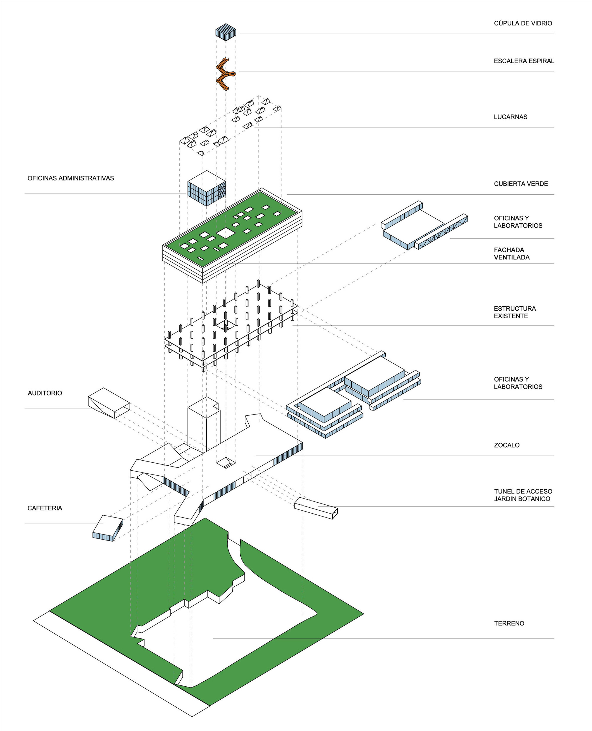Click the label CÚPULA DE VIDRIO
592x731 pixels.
[x=523, y=23]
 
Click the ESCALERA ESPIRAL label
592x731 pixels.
[x=524, y=61]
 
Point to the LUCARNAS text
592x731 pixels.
[x=510, y=117]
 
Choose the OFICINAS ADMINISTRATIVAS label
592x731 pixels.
[x=70, y=178]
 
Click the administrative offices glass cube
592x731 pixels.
[x=206, y=188]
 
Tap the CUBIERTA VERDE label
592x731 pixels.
[x=521, y=184]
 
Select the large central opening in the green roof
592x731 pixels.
[x=226, y=233]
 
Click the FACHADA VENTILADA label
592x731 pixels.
[x=511, y=254]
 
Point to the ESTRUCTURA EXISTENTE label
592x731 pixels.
[x=514, y=312]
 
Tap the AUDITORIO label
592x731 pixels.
[x=45, y=393]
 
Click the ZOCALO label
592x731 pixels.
[x=506, y=445]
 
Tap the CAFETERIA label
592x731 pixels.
[x=45, y=508]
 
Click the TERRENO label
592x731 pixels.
[x=509, y=623]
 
